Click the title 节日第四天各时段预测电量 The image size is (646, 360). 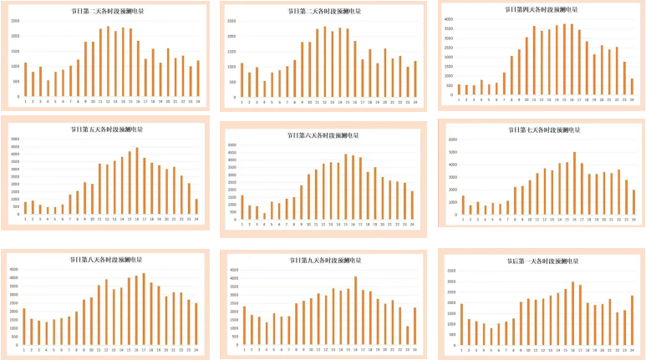click(x=542, y=10)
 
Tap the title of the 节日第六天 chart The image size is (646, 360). click(x=324, y=134)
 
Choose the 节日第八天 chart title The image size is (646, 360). click(x=106, y=261)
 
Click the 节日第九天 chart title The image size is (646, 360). click(x=324, y=261)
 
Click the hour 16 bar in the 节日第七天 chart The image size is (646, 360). click(x=574, y=183)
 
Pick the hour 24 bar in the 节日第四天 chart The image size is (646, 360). click(x=633, y=88)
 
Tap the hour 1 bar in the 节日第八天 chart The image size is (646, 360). click(x=24, y=327)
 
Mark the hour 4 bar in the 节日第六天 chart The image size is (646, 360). click(x=265, y=215)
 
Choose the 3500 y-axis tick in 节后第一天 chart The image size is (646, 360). click(x=452, y=271)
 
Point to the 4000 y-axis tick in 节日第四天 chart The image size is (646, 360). click(x=449, y=18)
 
